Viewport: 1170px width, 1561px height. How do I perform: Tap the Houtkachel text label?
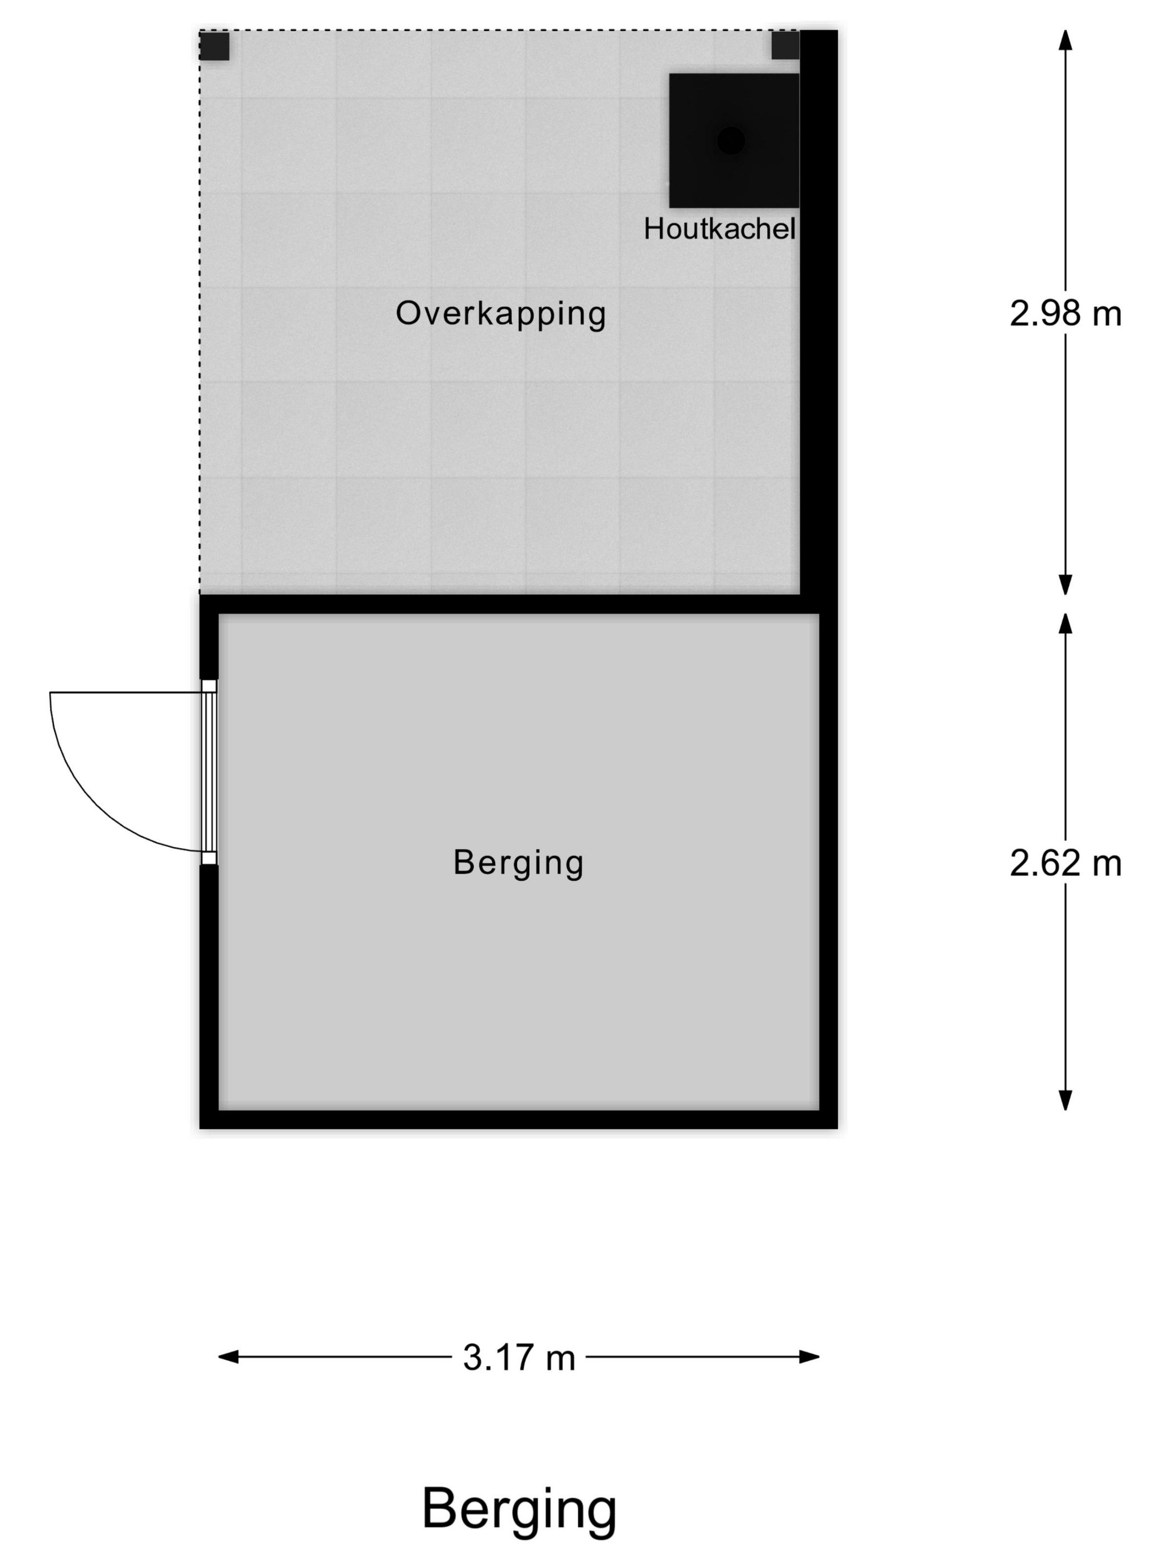coord(719,229)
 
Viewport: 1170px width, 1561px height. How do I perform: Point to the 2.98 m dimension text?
coord(1064,313)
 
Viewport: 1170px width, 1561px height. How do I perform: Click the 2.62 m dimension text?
coord(1064,863)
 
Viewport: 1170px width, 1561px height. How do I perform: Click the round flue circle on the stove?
coord(730,140)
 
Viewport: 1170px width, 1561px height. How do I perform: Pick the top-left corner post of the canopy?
coord(214,46)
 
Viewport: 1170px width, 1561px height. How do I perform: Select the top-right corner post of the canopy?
coord(784,46)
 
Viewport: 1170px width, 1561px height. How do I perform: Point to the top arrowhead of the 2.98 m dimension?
coord(1065,39)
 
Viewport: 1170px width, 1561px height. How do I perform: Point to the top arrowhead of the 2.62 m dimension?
coord(1065,622)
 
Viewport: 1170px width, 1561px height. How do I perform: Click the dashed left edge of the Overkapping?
coord(199,318)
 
